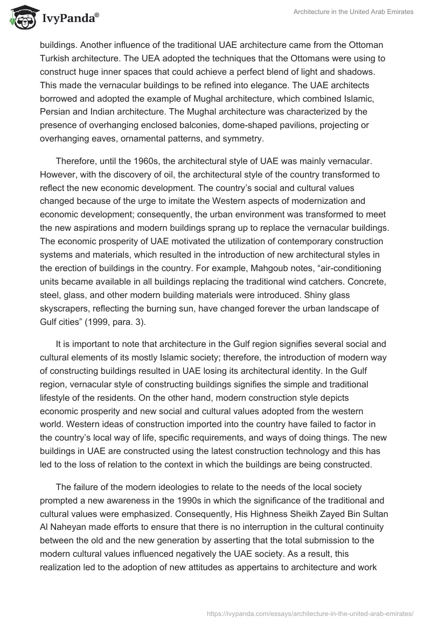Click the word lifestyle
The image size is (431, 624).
pyautogui.click(x=58, y=398)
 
